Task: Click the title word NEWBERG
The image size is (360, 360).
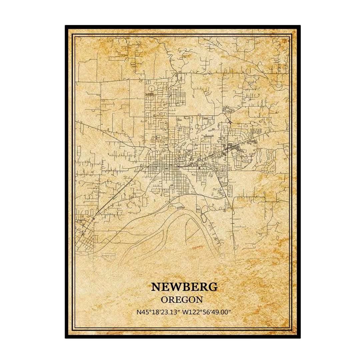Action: point(184,286)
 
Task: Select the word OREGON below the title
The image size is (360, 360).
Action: point(182,299)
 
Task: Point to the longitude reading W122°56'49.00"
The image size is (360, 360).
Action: point(207,312)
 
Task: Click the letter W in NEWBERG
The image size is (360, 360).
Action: point(174,286)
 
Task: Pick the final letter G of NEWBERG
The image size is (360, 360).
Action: point(213,286)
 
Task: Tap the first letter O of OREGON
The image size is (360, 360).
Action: point(164,299)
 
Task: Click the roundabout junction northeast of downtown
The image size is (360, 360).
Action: point(230,122)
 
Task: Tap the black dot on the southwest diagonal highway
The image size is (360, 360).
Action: point(94,218)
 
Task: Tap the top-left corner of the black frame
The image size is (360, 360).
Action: point(66,26)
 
